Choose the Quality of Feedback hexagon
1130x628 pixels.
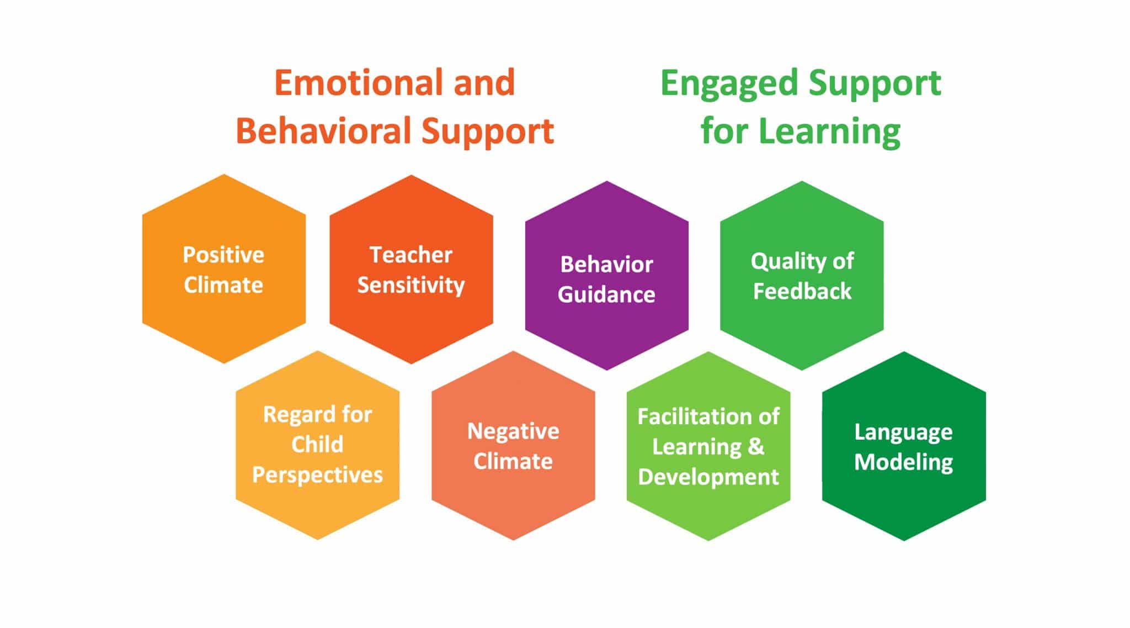click(x=802, y=331)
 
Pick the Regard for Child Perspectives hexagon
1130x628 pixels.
click(x=317, y=508)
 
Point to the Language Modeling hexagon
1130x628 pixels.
click(x=904, y=503)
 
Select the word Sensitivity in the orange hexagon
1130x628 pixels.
click(x=411, y=286)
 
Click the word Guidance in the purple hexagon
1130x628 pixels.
click(x=606, y=295)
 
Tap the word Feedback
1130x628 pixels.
click(x=802, y=291)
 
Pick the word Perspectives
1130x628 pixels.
click(x=317, y=475)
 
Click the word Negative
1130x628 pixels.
click(x=513, y=431)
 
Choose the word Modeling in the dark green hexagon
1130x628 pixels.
click(x=904, y=462)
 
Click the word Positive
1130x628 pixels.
click(x=223, y=255)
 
